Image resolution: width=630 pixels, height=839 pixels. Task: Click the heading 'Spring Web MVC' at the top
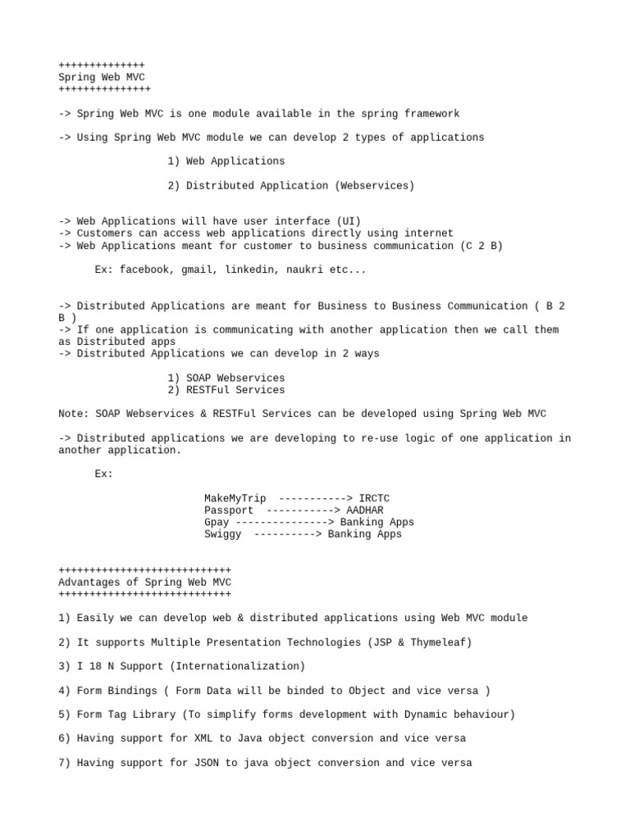[x=102, y=77]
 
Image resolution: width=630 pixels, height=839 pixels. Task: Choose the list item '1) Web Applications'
[x=226, y=161]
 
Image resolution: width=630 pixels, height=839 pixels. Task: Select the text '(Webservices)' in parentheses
[x=374, y=186]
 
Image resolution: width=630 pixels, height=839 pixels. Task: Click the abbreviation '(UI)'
[x=349, y=221]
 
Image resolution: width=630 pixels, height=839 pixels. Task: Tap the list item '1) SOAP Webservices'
[x=226, y=378]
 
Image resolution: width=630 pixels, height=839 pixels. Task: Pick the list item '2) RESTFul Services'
[x=226, y=390]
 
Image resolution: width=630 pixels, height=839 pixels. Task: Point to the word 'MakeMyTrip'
[x=235, y=498]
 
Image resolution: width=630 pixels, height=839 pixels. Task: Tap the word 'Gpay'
[x=217, y=522]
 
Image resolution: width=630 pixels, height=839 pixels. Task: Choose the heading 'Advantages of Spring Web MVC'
[x=145, y=582]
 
